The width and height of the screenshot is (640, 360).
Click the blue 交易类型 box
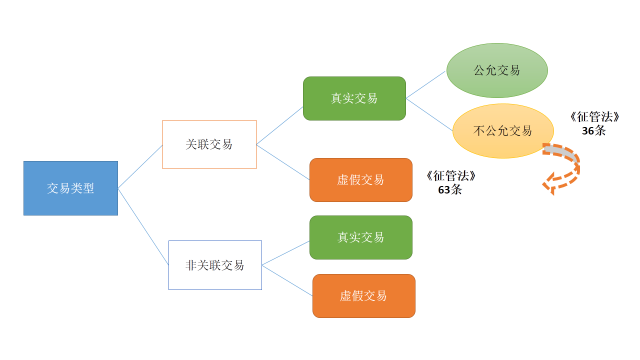[x=70, y=187]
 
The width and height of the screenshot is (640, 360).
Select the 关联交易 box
[x=209, y=144]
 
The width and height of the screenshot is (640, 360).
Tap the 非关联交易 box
[x=215, y=265]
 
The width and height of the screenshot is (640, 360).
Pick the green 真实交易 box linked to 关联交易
[x=354, y=98]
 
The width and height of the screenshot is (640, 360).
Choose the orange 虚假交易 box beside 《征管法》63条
[x=360, y=180]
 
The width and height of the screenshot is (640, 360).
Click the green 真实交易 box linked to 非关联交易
[x=360, y=237]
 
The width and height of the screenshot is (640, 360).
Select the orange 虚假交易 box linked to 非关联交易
[x=363, y=296]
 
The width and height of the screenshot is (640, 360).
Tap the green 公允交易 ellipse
[x=497, y=70]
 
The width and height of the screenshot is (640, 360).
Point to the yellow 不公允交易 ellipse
[x=503, y=130]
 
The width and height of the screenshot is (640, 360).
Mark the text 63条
[x=450, y=190]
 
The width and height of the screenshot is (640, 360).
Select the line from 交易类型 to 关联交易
[x=140, y=165]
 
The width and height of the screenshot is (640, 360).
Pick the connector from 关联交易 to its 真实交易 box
[x=280, y=122]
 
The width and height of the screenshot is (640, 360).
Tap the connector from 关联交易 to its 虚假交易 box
[x=284, y=161]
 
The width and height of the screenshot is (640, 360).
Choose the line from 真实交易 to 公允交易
[x=426, y=85]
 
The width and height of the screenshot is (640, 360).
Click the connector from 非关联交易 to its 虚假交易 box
[x=288, y=281]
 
